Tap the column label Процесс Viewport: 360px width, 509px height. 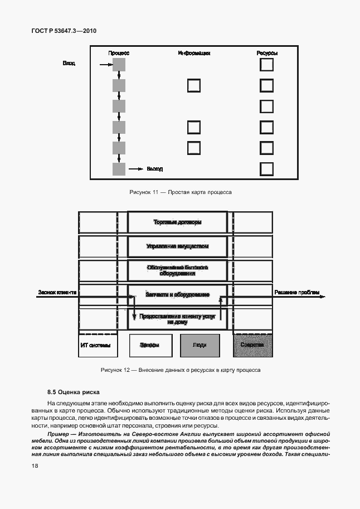[119, 53]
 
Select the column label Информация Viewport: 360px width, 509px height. [194, 53]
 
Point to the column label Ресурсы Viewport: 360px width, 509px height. [267, 53]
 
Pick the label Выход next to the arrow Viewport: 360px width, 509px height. [154, 168]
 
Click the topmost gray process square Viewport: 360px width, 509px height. [119, 65]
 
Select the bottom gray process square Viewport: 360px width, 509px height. [119, 169]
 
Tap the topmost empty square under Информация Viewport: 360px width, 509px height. [193, 86]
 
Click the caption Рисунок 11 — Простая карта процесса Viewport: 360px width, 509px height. [180, 192]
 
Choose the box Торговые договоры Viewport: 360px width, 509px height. [177, 222]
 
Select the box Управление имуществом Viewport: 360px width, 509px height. [177, 246]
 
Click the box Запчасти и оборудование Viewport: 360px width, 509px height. [177, 294]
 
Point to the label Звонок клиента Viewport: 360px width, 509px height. [57, 292]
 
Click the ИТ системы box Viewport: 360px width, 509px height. [98, 345]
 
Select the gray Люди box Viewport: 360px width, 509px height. [199, 345]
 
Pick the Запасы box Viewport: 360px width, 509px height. [149, 345]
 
